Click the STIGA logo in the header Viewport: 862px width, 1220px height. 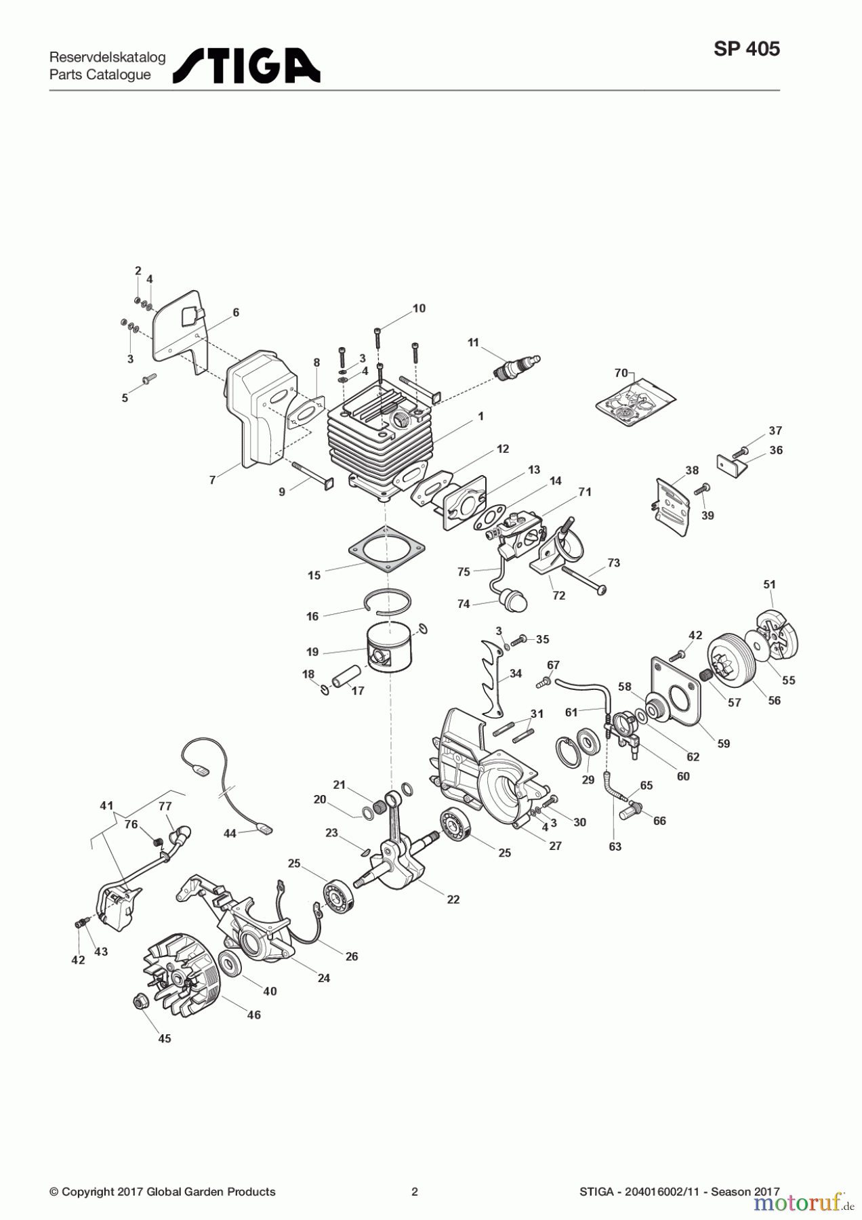[247, 65]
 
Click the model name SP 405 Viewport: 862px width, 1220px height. [746, 49]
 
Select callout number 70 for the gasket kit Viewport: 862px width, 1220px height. [621, 373]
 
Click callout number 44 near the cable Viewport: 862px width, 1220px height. [230, 833]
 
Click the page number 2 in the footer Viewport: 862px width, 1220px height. [415, 1192]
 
